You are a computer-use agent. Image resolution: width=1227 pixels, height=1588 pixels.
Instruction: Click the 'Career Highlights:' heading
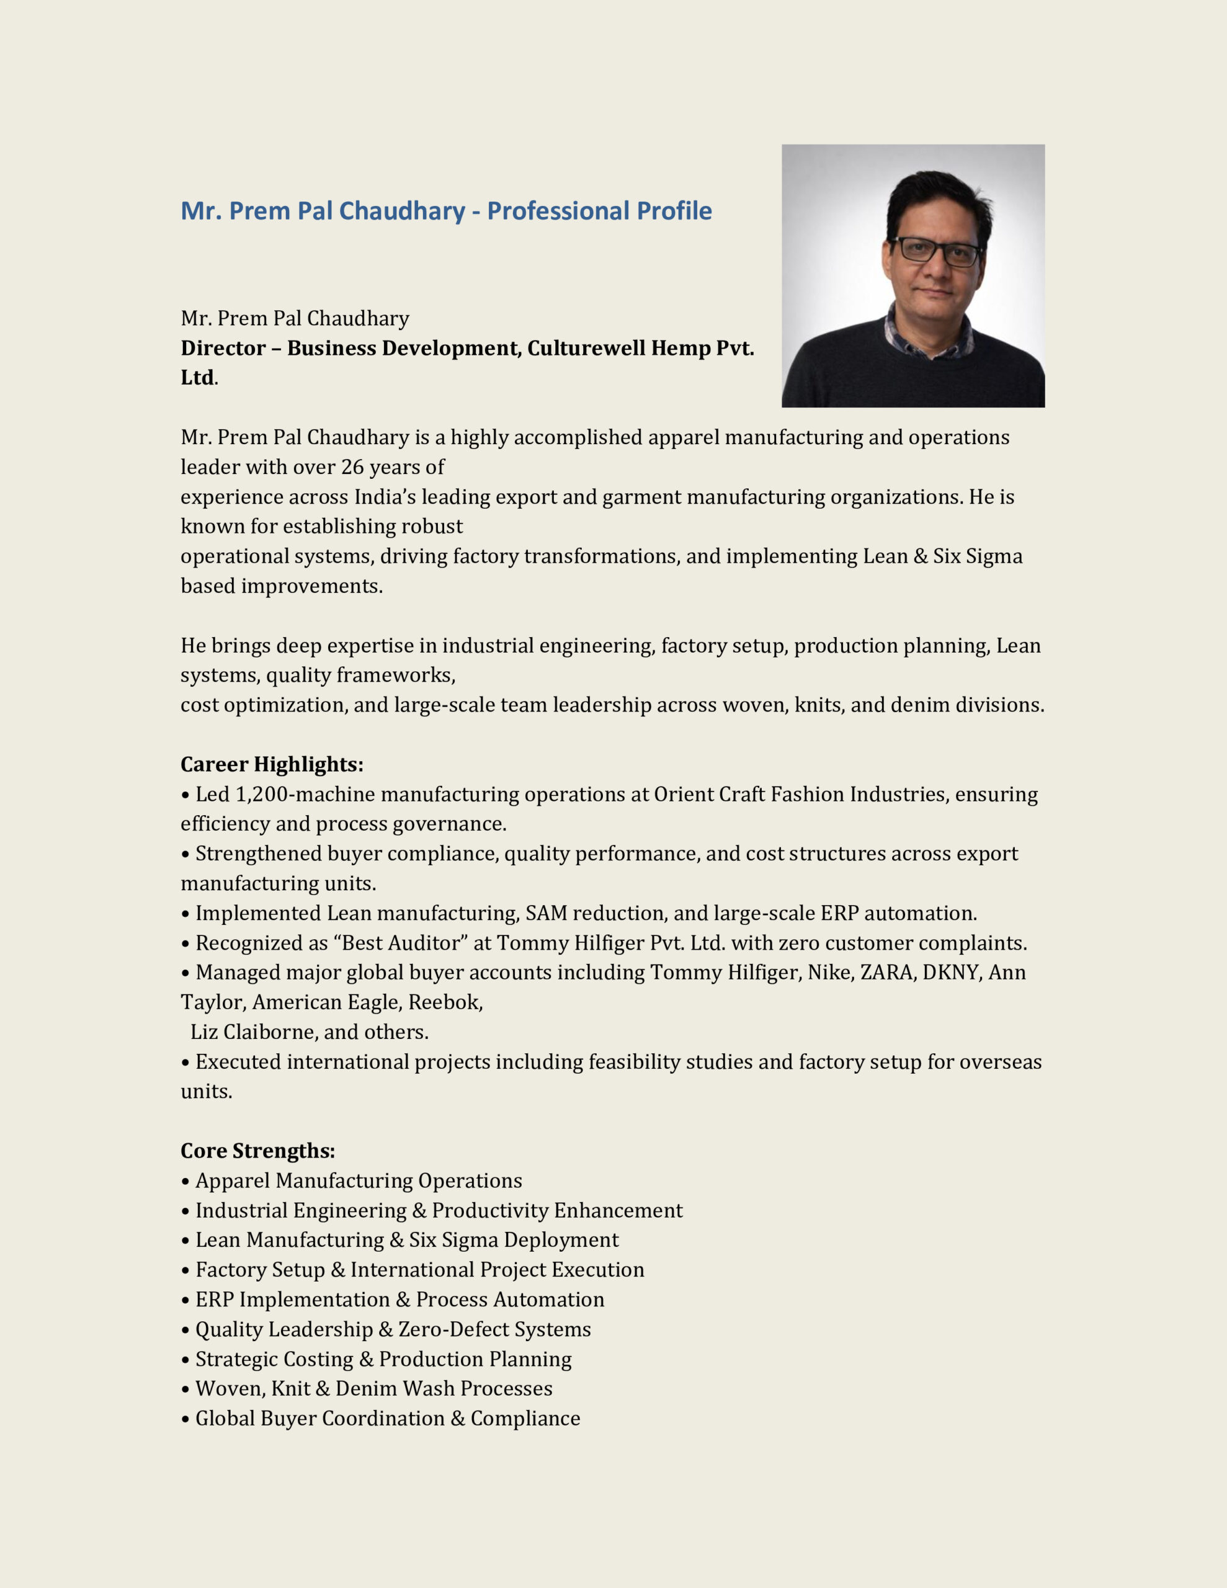tap(271, 764)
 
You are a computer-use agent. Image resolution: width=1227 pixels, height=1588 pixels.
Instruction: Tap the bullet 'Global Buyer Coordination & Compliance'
tap(388, 1418)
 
